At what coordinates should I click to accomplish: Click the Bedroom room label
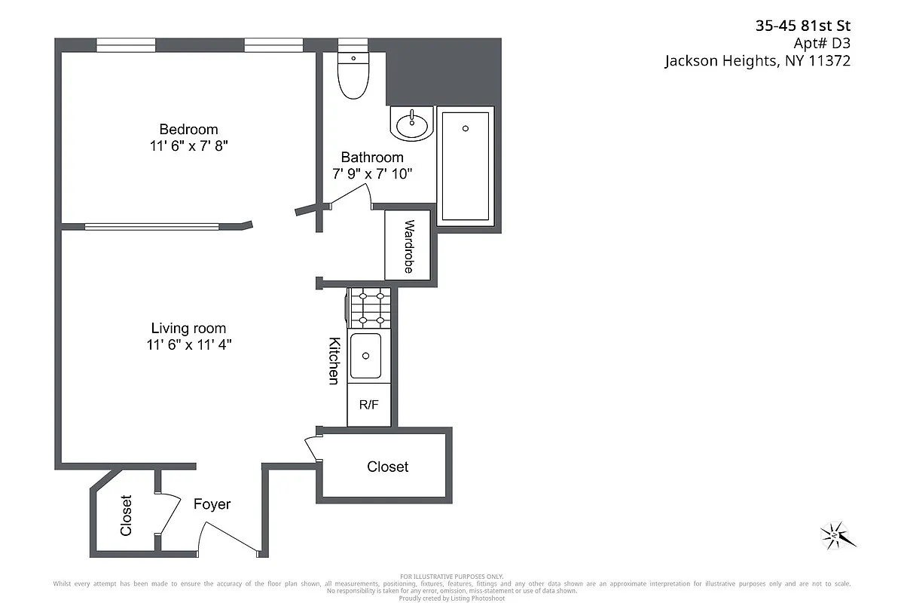188,129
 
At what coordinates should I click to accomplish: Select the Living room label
188,328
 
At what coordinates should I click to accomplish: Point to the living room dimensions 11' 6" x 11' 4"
188,345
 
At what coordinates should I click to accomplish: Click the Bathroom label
372,157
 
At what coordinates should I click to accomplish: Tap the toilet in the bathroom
353,75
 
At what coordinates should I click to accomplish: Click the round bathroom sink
411,123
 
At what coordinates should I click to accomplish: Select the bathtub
465,167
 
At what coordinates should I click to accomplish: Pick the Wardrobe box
408,245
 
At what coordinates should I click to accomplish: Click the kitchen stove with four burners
369,308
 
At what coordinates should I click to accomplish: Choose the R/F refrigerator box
369,405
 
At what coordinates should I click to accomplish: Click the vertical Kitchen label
334,360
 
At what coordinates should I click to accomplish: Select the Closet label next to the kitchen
387,467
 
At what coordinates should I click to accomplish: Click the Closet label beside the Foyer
126,515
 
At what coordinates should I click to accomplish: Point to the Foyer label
212,504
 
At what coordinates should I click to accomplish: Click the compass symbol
837,535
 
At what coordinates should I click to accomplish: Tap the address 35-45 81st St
802,26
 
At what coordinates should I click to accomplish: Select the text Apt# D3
823,44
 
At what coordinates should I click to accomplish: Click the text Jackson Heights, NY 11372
757,62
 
